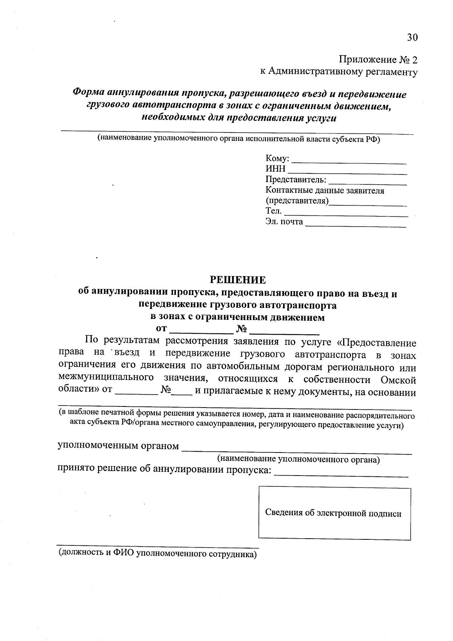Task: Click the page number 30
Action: coord(412,37)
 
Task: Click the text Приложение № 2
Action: coord(378,60)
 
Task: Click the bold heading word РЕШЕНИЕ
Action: coord(238,280)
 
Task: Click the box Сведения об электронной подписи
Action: coord(334,513)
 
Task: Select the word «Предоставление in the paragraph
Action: coord(376,343)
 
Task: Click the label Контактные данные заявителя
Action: coord(325,191)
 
